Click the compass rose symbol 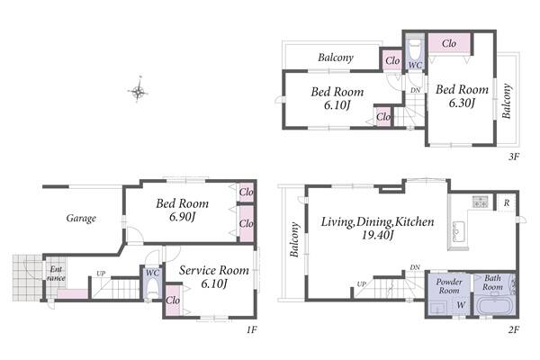point(139,91)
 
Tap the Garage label point(81,218)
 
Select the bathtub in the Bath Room point(495,304)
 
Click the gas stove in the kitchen point(481,202)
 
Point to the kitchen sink point(459,231)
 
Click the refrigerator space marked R point(507,202)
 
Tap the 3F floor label point(513,157)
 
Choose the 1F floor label point(251,329)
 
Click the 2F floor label point(513,329)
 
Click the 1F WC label point(152,273)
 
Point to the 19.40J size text point(377,235)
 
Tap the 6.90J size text point(183,217)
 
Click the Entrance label point(56,274)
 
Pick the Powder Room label point(449,286)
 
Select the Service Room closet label point(173,301)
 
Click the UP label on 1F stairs point(101,274)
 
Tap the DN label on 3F point(416,90)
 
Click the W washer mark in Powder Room point(461,305)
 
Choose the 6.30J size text point(463,103)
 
